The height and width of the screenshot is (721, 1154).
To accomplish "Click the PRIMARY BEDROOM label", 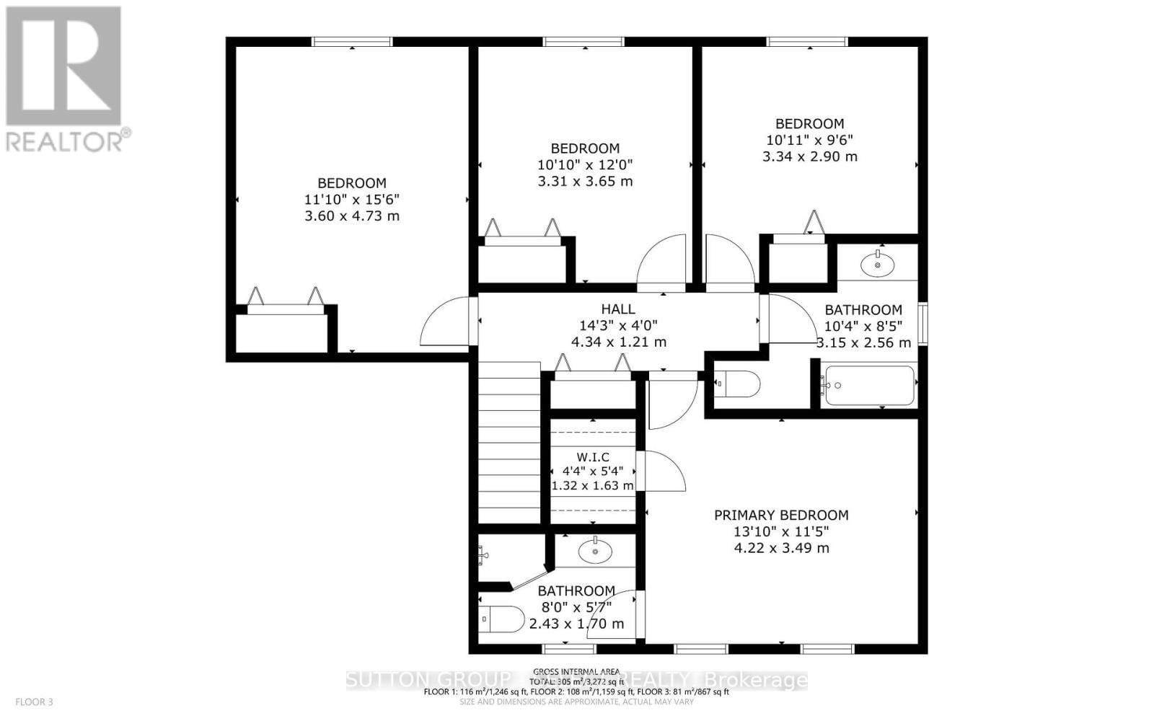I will pyautogui.click(x=781, y=515).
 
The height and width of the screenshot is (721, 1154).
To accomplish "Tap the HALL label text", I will pyautogui.click(x=618, y=309).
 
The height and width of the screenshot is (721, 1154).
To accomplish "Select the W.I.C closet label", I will pyautogui.click(x=593, y=457).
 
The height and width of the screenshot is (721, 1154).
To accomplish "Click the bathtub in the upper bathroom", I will pyautogui.click(x=869, y=386).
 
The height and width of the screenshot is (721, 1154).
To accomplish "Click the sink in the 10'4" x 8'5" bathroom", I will pyautogui.click(x=878, y=265).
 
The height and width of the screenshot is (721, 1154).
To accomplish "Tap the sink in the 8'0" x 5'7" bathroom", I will pyautogui.click(x=595, y=552).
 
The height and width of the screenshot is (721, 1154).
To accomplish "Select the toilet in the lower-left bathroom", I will pyautogui.click(x=502, y=619).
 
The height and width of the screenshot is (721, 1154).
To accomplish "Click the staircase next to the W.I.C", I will pyautogui.click(x=509, y=443).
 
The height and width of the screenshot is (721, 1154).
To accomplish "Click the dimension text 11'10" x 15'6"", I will pyautogui.click(x=352, y=200).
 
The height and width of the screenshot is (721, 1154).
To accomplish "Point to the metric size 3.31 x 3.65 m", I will pyautogui.click(x=585, y=181).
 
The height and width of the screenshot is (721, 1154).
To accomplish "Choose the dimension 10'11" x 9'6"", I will pyautogui.click(x=809, y=140).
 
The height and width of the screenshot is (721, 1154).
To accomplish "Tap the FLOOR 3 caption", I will pyautogui.click(x=34, y=702).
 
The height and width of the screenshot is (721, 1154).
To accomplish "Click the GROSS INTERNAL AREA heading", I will pyautogui.click(x=576, y=671).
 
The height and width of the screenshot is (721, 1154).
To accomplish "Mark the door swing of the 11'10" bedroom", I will pyautogui.click(x=447, y=322).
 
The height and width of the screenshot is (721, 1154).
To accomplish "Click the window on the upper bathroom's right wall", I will pyautogui.click(x=922, y=324).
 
